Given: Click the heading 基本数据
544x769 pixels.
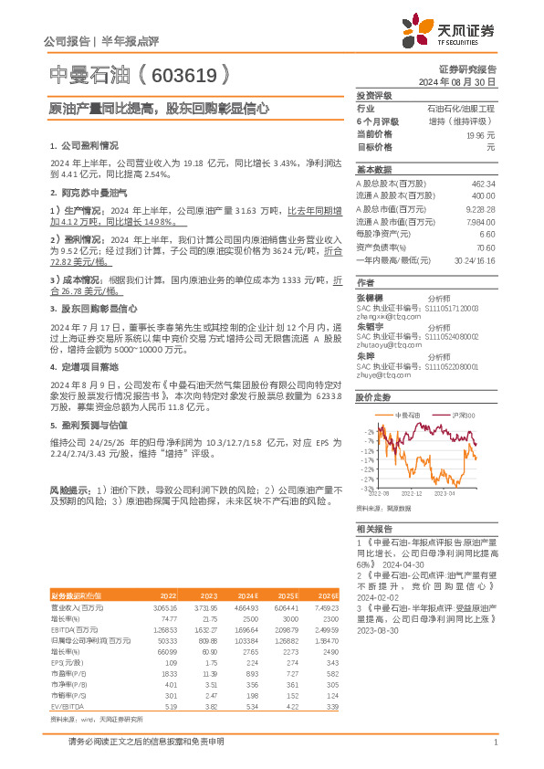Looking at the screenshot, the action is pyautogui.click(x=373, y=170).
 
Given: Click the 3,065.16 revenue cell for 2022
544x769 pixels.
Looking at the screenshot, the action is pyautogui.click(x=163, y=606).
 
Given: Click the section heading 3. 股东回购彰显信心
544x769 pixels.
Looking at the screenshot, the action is pyautogui.click(x=93, y=309).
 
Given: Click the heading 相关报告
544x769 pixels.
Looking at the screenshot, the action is pyautogui.click(x=373, y=529).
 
